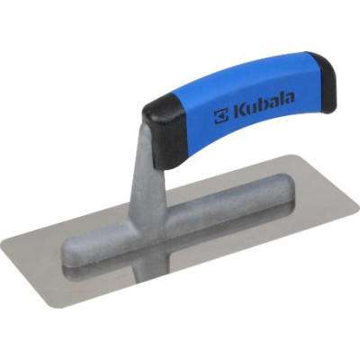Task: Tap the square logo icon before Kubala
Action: point(221,115)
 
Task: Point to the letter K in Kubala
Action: point(240,111)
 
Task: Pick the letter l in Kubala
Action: point(282,100)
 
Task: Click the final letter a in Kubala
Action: point(290,99)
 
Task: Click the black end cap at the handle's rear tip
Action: point(321,83)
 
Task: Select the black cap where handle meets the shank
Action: point(165,131)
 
